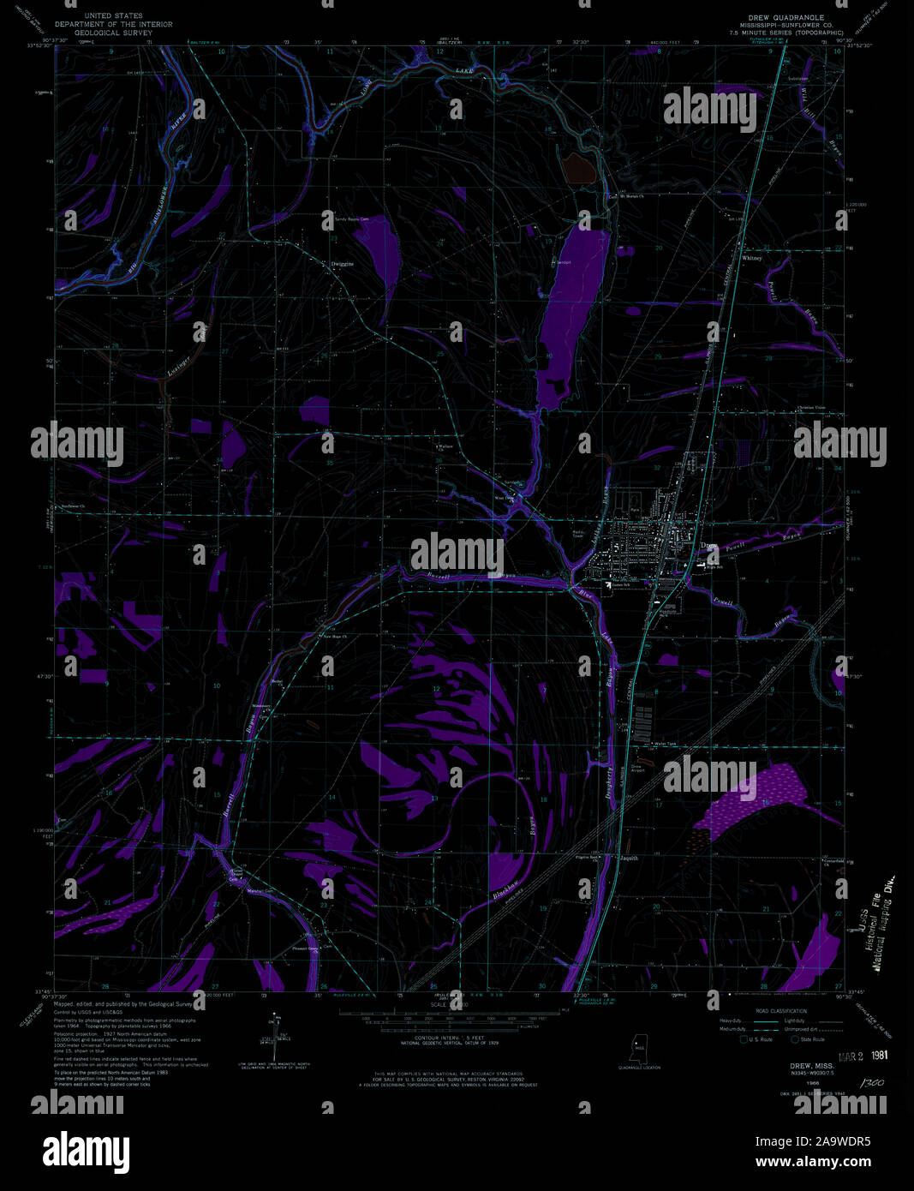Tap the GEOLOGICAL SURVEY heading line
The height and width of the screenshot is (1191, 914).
pyautogui.click(x=113, y=32)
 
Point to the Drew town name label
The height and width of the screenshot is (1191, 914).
pyautogui.click(x=708, y=546)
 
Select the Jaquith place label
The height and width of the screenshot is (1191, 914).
pyautogui.click(x=630, y=858)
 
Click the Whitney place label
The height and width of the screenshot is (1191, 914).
pyautogui.click(x=751, y=257)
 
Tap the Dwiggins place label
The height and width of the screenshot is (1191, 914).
pyautogui.click(x=342, y=264)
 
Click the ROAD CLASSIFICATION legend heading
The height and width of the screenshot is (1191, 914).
pyautogui.click(x=761, y=1011)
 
